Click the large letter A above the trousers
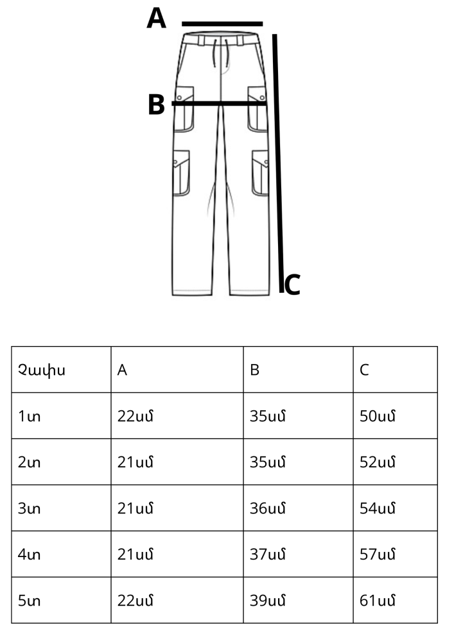pos(157,19)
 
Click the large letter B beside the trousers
pos(157,104)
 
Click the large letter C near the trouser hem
pos(292,285)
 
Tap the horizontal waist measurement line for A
pos(222,24)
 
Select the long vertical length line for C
pos(278,163)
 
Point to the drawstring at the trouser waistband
pos(220,53)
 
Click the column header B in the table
pos(255,370)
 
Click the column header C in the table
pos(364,370)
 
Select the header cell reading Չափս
pos(42,370)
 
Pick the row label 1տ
pos(29,416)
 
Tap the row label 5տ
pos(29,601)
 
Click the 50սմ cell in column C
pos(378,416)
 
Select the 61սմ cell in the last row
pos(378,601)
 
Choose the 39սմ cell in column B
pos(268,601)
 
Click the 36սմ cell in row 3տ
pos(268,508)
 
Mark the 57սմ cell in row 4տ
pos(378,554)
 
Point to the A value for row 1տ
pos(135,416)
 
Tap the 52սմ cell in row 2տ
pos(378,462)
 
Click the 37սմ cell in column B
pos(268,554)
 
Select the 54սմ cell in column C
pos(378,508)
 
